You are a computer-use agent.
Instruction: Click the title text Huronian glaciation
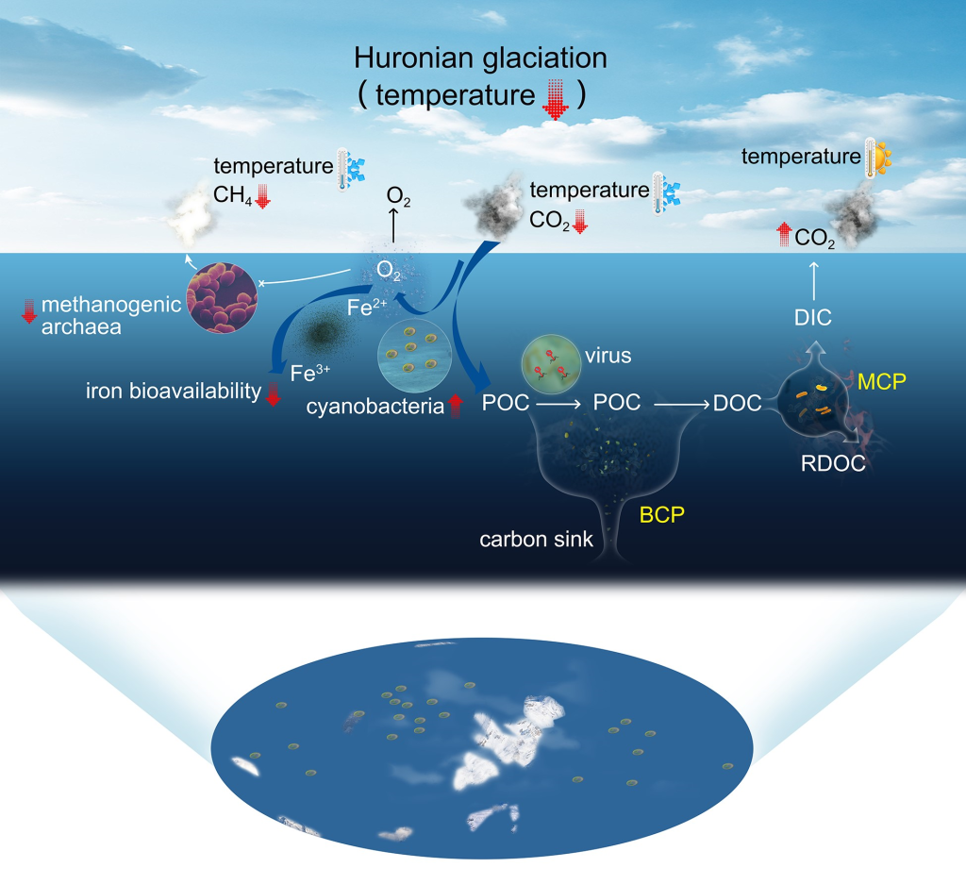(x=480, y=58)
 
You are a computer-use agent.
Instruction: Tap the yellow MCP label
(x=882, y=382)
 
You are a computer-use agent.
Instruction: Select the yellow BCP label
(x=661, y=514)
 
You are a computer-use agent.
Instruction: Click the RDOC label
(x=833, y=463)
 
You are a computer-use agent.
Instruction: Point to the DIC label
(x=812, y=317)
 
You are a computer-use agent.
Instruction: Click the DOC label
(x=738, y=403)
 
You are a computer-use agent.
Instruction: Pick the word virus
(x=608, y=356)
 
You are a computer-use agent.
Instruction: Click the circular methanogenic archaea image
(x=222, y=297)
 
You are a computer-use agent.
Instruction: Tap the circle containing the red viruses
(x=551, y=364)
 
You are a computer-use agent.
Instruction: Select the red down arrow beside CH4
(x=263, y=196)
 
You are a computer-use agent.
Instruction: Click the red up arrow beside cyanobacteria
(x=455, y=406)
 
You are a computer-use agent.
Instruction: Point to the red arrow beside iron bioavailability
(x=273, y=394)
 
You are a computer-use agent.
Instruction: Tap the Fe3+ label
(x=309, y=373)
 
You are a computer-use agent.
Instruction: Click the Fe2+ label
(x=367, y=307)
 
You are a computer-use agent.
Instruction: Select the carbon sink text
(x=536, y=539)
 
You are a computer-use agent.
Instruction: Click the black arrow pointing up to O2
(x=393, y=225)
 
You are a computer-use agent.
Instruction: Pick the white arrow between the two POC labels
(x=558, y=404)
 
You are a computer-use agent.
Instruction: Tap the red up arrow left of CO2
(x=784, y=234)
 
